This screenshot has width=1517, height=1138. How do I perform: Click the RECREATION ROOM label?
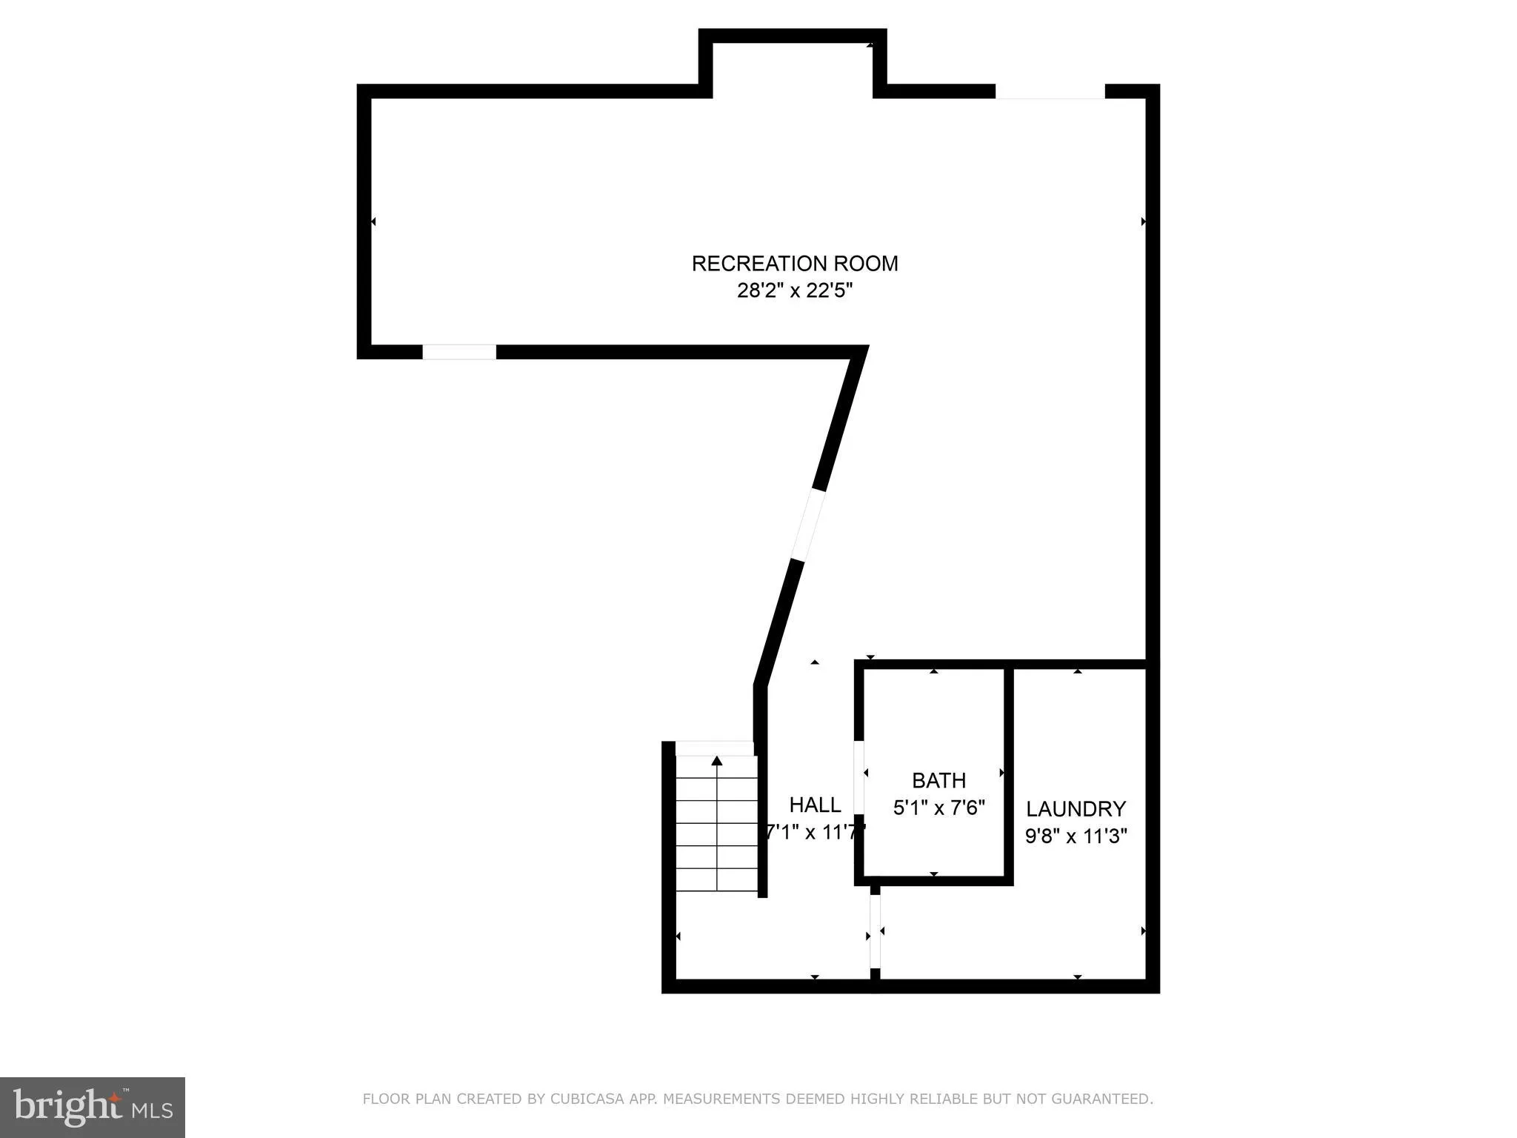[x=794, y=264]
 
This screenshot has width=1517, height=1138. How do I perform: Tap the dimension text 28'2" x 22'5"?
[x=794, y=290]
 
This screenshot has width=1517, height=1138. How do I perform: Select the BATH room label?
[x=938, y=780]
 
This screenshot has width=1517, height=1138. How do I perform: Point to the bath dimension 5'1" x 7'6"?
[x=938, y=807]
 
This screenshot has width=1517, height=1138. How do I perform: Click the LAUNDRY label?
[x=1076, y=808]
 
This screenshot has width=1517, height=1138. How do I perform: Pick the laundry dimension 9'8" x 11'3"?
[x=1076, y=836]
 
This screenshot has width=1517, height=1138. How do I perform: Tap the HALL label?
[x=815, y=805]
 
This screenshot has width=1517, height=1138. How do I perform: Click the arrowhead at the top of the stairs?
[x=716, y=761]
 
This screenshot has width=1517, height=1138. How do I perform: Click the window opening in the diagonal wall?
[x=807, y=525]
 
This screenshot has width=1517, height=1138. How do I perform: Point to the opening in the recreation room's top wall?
[x=1050, y=91]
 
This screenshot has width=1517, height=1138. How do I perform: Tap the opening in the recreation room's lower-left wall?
[x=459, y=352]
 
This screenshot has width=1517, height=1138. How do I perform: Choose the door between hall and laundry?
[x=875, y=931]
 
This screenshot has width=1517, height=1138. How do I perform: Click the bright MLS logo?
[x=92, y=1107]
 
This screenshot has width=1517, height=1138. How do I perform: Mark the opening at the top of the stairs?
[x=715, y=748]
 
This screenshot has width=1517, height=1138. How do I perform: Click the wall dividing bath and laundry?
[x=1008, y=774]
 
